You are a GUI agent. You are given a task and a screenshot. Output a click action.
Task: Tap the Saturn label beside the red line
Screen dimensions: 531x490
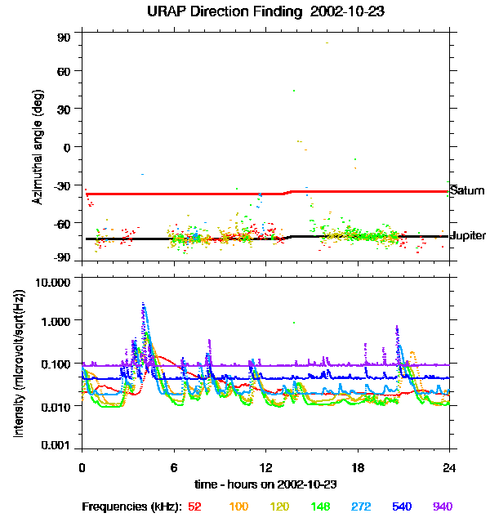click(x=467, y=191)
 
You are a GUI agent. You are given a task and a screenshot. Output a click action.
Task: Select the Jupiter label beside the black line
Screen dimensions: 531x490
click(x=467, y=235)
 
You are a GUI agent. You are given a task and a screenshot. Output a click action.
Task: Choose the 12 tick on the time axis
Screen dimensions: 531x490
click(x=266, y=467)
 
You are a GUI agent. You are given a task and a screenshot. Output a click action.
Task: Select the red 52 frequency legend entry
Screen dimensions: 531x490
click(x=194, y=506)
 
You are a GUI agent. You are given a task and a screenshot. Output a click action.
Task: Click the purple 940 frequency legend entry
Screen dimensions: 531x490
click(x=442, y=506)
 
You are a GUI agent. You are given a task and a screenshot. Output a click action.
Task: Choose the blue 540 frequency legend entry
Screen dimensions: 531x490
click(x=402, y=506)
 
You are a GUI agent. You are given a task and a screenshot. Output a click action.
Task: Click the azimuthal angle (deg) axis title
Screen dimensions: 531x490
click(x=36, y=146)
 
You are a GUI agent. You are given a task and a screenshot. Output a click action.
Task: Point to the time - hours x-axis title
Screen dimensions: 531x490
click(x=266, y=484)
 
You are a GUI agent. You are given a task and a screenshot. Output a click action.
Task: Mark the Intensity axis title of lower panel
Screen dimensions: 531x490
click(x=18, y=364)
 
